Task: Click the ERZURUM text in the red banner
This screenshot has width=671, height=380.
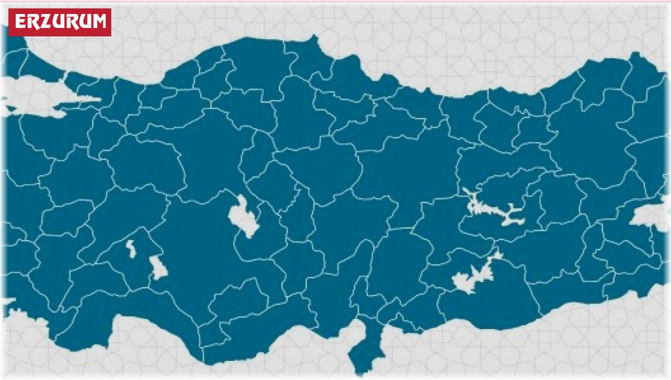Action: click(x=60, y=22)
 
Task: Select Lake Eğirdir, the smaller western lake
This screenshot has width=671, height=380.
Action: click(x=131, y=248)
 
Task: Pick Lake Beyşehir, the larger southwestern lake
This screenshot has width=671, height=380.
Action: click(x=158, y=268)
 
